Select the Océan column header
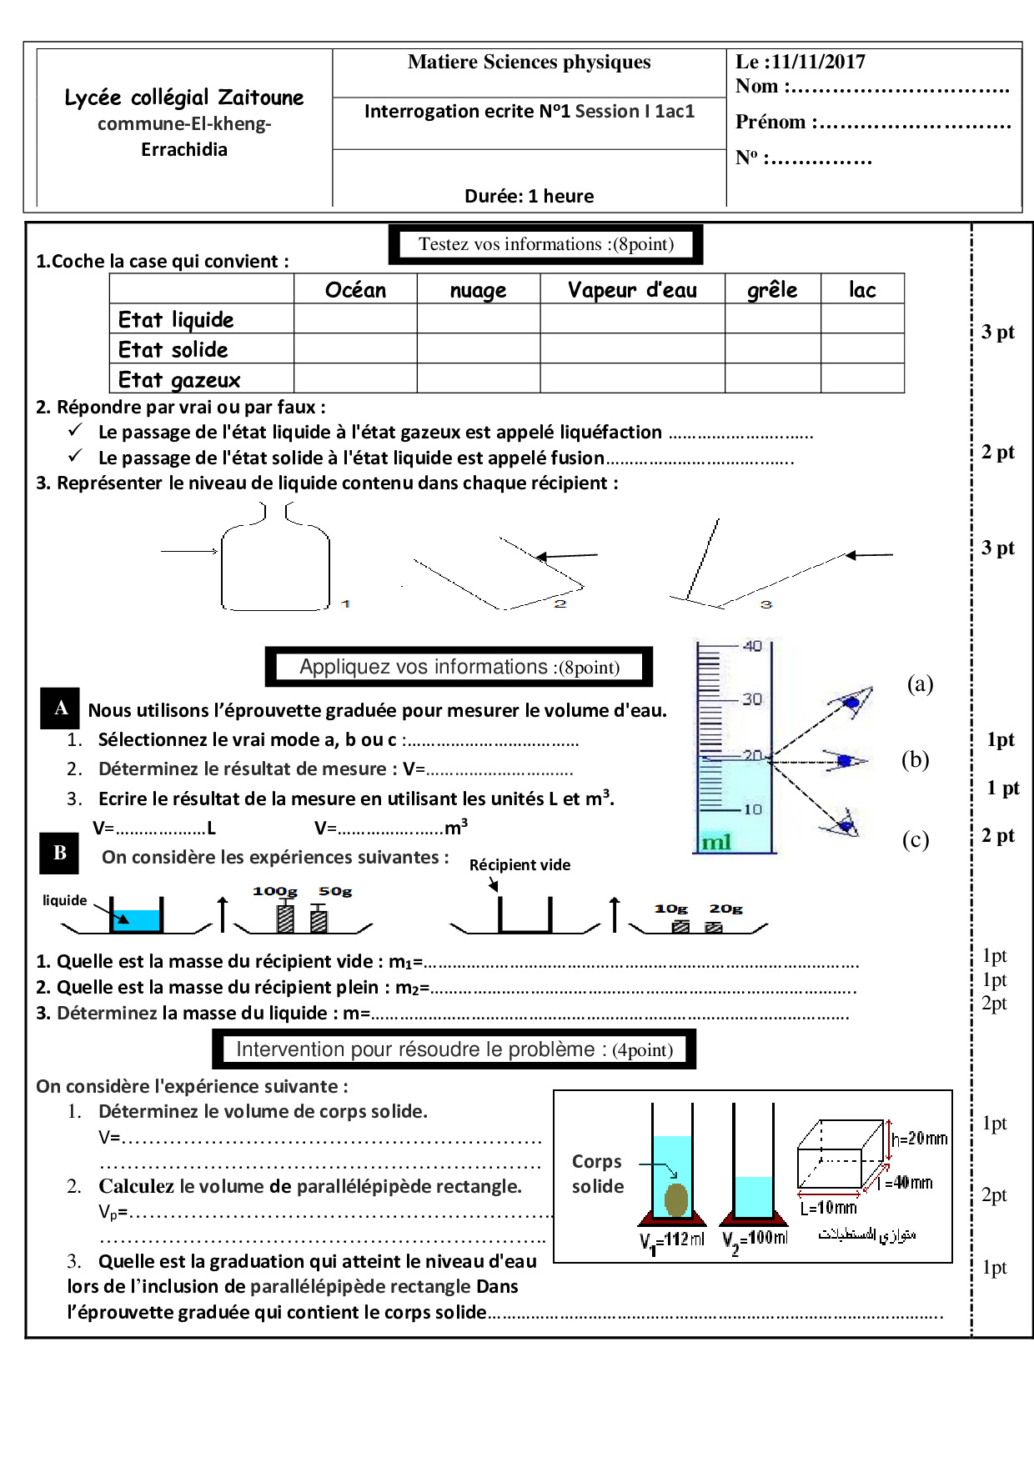355,290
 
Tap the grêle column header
772,290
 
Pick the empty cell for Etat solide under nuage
478,348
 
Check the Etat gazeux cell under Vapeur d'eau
632,378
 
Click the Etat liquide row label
176,319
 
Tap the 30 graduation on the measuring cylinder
752,698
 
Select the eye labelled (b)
845,760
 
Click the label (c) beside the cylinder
916,839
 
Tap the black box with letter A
61,708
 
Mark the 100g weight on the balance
285,917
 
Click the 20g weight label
725,909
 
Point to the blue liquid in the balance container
136,920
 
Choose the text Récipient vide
520,865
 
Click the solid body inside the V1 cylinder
676,1199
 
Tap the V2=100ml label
755,1239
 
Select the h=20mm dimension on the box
919,1139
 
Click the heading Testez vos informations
545,244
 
